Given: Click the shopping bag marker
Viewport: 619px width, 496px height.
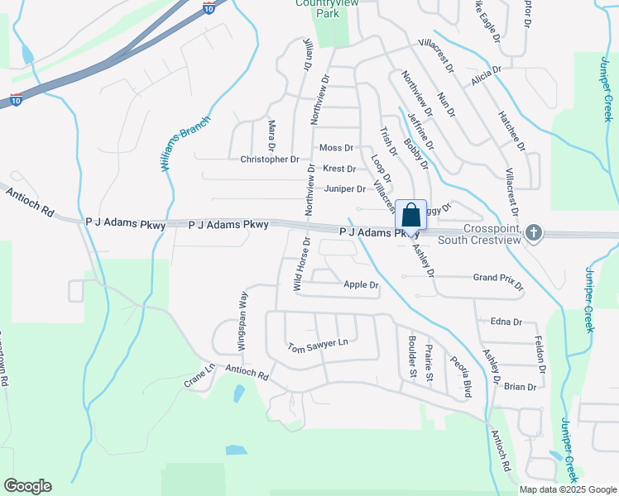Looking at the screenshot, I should tap(411, 216).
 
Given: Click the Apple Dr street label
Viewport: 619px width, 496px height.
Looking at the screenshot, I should tap(361, 285).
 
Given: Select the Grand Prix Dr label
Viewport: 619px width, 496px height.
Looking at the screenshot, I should tap(497, 281).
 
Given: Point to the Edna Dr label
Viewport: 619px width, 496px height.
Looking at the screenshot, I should tap(506, 322).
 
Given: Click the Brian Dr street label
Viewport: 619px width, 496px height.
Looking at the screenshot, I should tap(521, 387).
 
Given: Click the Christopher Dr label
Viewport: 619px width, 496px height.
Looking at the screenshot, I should tap(269, 159).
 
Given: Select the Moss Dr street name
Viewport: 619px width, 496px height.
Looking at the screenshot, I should tap(336, 148).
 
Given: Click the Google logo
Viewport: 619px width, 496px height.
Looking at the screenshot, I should tap(28, 486).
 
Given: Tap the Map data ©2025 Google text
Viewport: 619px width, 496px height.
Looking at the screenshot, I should tap(567, 489).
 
